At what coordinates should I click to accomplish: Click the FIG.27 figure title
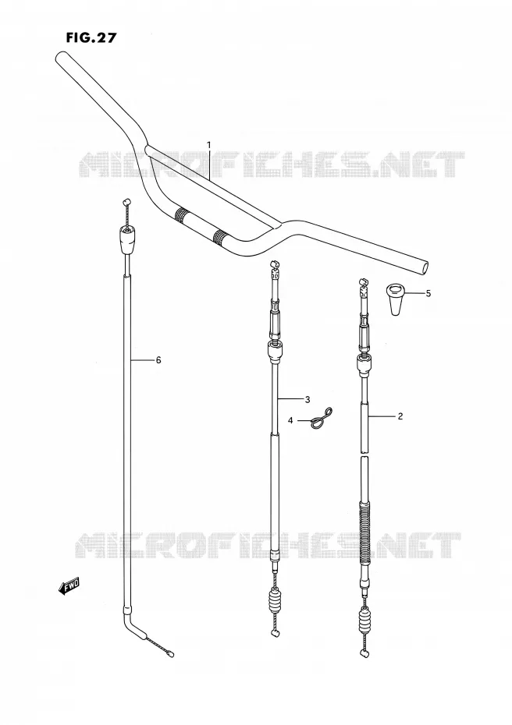click(91, 37)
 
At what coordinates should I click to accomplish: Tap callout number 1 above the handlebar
click(209, 145)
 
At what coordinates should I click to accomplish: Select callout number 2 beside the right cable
click(400, 416)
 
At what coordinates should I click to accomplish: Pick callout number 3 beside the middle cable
click(308, 399)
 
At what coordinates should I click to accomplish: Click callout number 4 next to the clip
click(290, 420)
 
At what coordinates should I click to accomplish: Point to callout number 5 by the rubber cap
click(428, 293)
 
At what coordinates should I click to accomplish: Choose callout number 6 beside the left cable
click(158, 359)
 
